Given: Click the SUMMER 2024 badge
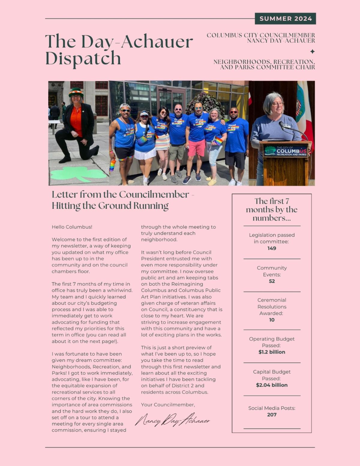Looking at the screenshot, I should (285, 19).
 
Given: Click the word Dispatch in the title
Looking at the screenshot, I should (83, 58).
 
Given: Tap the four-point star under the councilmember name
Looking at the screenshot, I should (312, 51).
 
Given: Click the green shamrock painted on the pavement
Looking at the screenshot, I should (78, 174).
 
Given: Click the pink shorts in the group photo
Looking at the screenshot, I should (196, 148).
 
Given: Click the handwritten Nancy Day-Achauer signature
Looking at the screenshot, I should (172, 420).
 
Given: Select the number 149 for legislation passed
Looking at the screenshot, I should (272, 248).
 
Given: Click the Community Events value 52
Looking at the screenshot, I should (272, 281).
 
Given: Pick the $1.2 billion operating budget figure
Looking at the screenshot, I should (272, 352).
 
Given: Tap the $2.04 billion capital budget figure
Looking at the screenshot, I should (272, 385).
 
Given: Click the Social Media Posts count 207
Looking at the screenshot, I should (272, 415).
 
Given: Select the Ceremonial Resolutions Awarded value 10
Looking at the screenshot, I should (272, 320).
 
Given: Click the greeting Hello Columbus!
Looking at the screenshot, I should (72, 227).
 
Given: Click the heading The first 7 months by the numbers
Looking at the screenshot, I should (272, 209).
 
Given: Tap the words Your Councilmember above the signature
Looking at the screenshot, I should (168, 405).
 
